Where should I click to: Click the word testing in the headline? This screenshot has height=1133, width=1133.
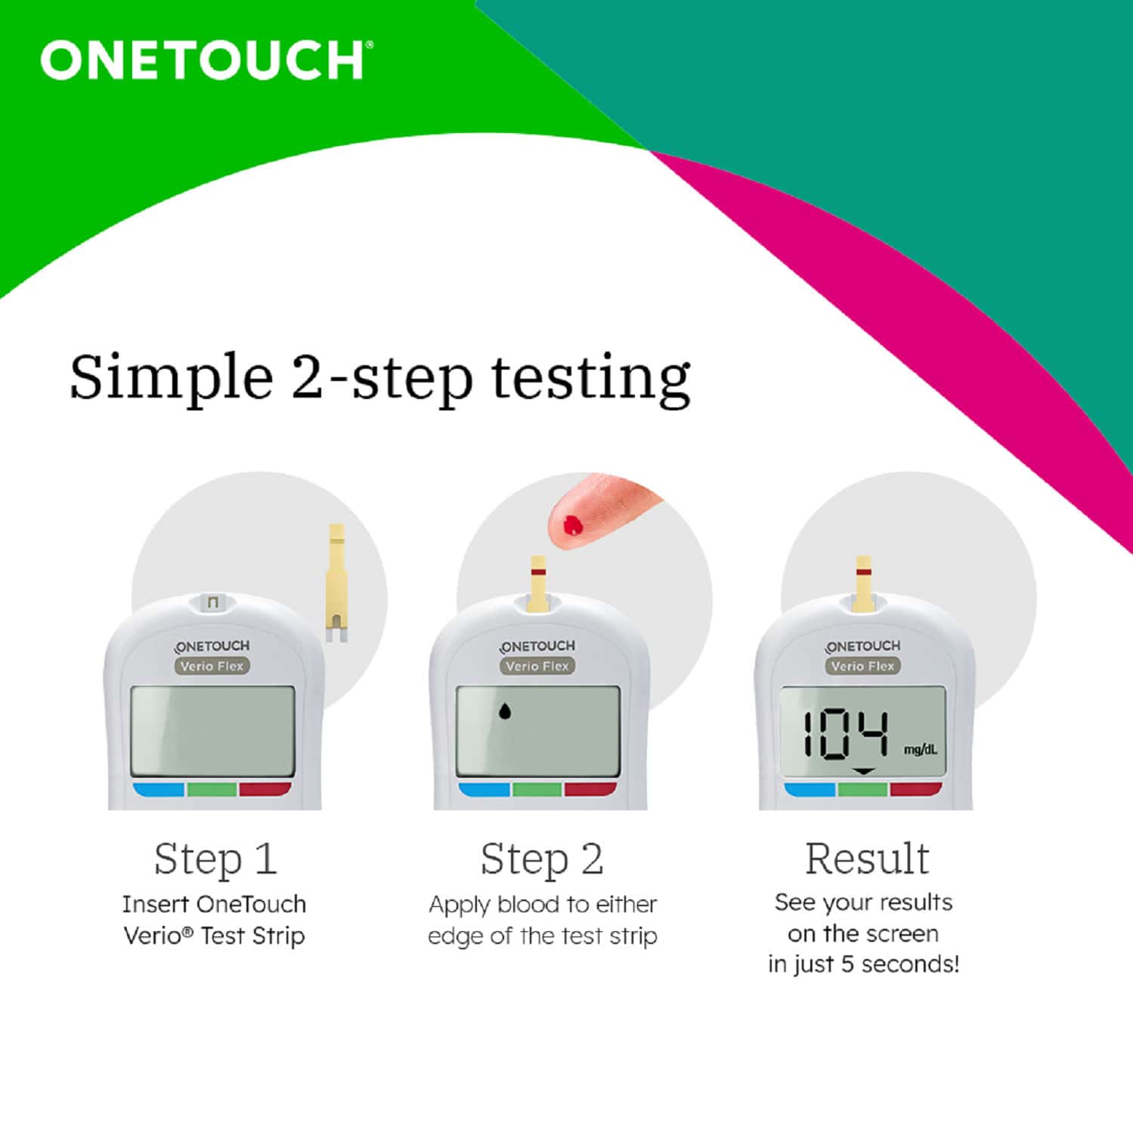(x=590, y=377)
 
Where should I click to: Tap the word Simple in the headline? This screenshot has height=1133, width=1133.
(x=171, y=377)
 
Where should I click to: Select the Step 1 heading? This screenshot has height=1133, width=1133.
(x=215, y=859)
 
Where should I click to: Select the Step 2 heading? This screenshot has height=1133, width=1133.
(x=542, y=859)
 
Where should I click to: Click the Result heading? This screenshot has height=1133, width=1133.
(x=866, y=859)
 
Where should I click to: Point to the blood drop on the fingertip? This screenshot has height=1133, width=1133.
(x=573, y=524)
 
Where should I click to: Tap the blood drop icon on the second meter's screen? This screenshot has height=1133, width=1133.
(x=504, y=710)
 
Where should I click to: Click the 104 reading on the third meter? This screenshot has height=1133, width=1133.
(x=845, y=733)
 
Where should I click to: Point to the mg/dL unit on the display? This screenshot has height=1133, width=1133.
(x=920, y=750)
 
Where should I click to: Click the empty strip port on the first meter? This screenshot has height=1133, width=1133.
(x=212, y=602)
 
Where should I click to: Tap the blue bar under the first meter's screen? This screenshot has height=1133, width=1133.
(x=159, y=790)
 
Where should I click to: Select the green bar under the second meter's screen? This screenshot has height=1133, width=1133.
(x=537, y=790)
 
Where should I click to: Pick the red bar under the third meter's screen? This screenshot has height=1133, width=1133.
(x=915, y=790)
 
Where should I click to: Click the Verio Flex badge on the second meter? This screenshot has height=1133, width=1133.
(x=537, y=666)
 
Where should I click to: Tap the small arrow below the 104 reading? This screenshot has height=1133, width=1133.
(x=863, y=772)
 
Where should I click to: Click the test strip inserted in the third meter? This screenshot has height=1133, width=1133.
(x=863, y=584)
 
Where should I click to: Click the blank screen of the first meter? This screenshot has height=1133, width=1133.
(x=212, y=731)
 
